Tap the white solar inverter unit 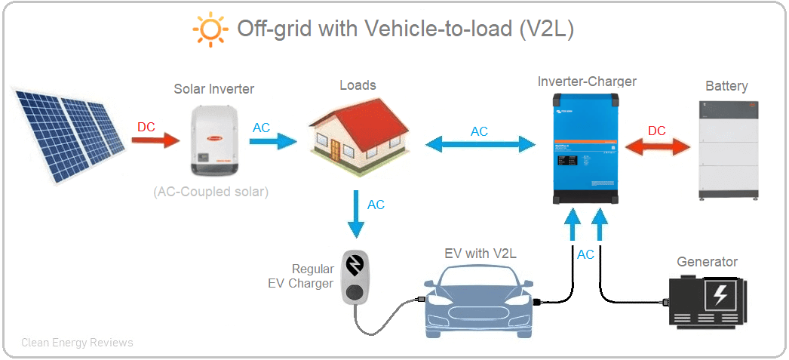click(214, 139)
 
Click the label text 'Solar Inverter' click(214, 89)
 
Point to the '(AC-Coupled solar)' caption click(210, 192)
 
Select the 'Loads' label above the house click(358, 85)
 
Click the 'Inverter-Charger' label click(587, 82)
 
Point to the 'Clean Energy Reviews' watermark click(77, 343)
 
